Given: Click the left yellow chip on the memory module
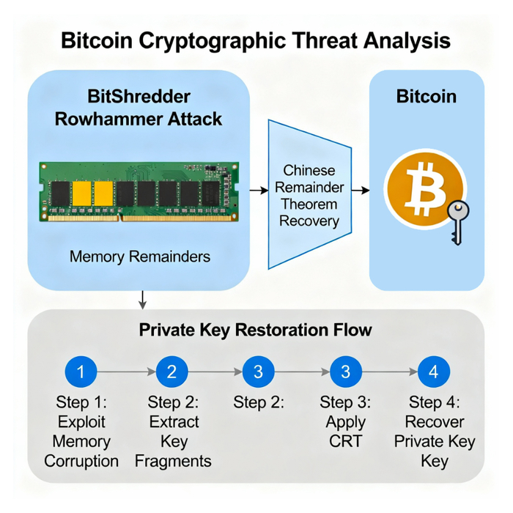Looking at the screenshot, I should [81, 193].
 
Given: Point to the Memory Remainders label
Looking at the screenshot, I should [140, 256].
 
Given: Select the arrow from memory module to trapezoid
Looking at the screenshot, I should [258, 191].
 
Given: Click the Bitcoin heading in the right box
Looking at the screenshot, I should [426, 97].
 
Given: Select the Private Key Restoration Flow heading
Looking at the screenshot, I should [256, 330].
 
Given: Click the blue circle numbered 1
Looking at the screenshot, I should [81, 372].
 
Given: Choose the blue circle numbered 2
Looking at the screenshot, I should [171, 372].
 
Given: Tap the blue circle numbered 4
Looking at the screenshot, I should [433, 372].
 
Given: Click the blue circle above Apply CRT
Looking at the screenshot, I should [345, 372].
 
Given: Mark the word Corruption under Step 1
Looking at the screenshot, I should [81, 461].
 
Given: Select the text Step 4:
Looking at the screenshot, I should [434, 402].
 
